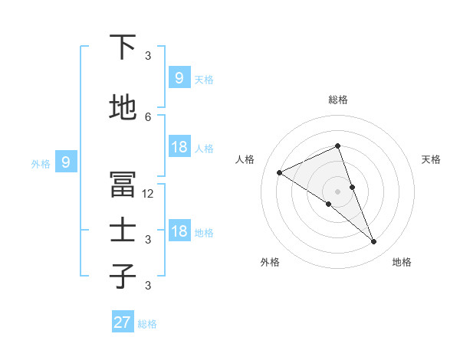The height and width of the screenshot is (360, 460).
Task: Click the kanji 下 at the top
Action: pos(123,47)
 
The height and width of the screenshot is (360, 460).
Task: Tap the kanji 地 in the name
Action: pos(123,108)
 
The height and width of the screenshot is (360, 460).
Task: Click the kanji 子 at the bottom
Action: pos(123,277)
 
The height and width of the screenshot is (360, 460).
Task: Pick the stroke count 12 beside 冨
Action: pos(148,194)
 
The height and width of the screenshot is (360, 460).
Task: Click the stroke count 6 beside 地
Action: pos(148,116)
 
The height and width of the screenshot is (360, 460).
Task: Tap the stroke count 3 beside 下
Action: pos(148,56)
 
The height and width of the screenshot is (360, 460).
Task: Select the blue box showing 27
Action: pos(123,322)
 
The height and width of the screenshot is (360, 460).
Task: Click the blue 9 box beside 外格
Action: pos(66,162)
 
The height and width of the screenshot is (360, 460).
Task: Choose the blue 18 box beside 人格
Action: pos(179,147)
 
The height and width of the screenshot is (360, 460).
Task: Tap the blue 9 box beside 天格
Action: pos(179,77)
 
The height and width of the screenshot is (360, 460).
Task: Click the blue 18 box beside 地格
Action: pos(179,232)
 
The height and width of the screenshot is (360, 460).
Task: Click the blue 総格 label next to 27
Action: pos(147,324)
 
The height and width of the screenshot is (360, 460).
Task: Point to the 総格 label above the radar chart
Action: pos(338,100)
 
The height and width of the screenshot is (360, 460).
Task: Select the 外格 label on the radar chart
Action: pos(270,262)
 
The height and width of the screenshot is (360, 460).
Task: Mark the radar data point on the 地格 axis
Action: pos(374,242)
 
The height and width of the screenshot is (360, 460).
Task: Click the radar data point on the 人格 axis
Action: pos(280,172)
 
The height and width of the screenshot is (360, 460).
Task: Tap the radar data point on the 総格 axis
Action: pos(338,146)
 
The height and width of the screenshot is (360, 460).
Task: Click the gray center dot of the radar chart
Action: pos(338,191)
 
